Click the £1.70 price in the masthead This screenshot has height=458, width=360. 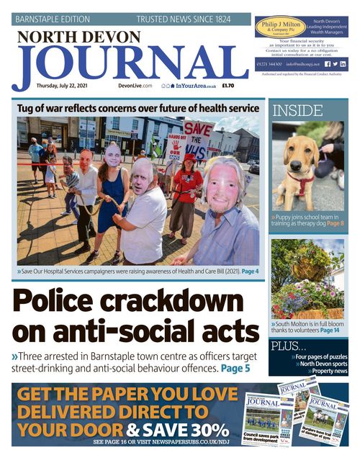pyautogui.click(x=228, y=86)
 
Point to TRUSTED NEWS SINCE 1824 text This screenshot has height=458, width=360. pyautogui.click(x=184, y=19)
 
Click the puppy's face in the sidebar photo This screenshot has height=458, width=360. pyautogui.click(x=294, y=154)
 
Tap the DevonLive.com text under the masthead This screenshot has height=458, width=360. pyautogui.click(x=135, y=86)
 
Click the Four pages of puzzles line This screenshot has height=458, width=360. pyautogui.click(x=320, y=357)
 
